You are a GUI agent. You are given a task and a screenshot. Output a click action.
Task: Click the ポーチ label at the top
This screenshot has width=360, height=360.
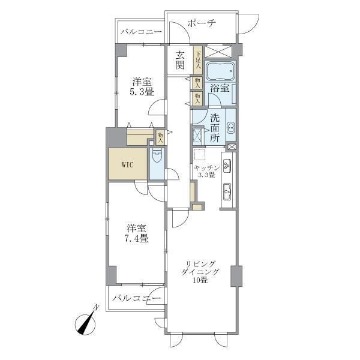click(x=201, y=23)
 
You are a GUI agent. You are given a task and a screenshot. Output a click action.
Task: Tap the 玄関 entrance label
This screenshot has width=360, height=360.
click(x=180, y=60)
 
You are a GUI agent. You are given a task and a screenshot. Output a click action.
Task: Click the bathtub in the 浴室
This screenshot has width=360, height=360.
click(x=220, y=72)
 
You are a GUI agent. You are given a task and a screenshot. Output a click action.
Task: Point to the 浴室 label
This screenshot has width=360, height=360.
click(x=219, y=88)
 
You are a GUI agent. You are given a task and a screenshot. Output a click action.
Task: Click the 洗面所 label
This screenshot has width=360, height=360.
click(x=215, y=127)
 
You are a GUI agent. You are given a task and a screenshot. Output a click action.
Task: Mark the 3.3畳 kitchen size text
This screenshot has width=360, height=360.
click(x=207, y=175)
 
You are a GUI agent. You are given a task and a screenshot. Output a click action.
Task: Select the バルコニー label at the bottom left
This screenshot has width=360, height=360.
click(x=136, y=298)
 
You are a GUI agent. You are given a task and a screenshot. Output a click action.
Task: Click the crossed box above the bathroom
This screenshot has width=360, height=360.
click(x=219, y=51)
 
